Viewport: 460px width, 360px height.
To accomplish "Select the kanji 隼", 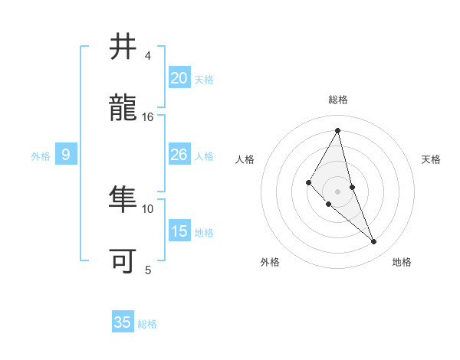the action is tap(123, 199).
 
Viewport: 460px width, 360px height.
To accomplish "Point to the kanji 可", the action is tap(123, 260).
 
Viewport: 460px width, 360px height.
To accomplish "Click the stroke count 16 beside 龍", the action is tap(148, 116).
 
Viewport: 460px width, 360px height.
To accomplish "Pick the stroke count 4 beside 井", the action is tap(148, 55).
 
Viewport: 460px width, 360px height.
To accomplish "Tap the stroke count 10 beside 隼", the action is tap(148, 208).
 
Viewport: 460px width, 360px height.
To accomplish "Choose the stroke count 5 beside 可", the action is tap(148, 270).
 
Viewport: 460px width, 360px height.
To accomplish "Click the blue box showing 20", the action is tap(179, 78).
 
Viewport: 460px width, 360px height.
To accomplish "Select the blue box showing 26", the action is tap(179, 155).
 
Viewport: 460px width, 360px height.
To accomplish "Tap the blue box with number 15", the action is tap(179, 231).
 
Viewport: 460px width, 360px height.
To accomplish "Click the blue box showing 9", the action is tap(66, 155).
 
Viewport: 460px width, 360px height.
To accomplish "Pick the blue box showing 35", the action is tap(123, 322).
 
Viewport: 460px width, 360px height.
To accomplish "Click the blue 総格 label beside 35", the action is tap(147, 324).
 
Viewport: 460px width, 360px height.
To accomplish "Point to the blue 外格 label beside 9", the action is tap(41, 156).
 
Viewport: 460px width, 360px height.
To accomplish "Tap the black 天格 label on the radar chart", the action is tap(432, 159).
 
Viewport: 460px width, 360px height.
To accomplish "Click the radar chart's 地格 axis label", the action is tap(402, 262).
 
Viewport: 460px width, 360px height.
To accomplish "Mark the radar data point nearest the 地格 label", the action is tap(374, 242).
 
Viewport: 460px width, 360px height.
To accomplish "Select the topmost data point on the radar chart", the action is tap(337, 130).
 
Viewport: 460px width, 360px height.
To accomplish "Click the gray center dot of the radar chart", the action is tap(337, 191).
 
